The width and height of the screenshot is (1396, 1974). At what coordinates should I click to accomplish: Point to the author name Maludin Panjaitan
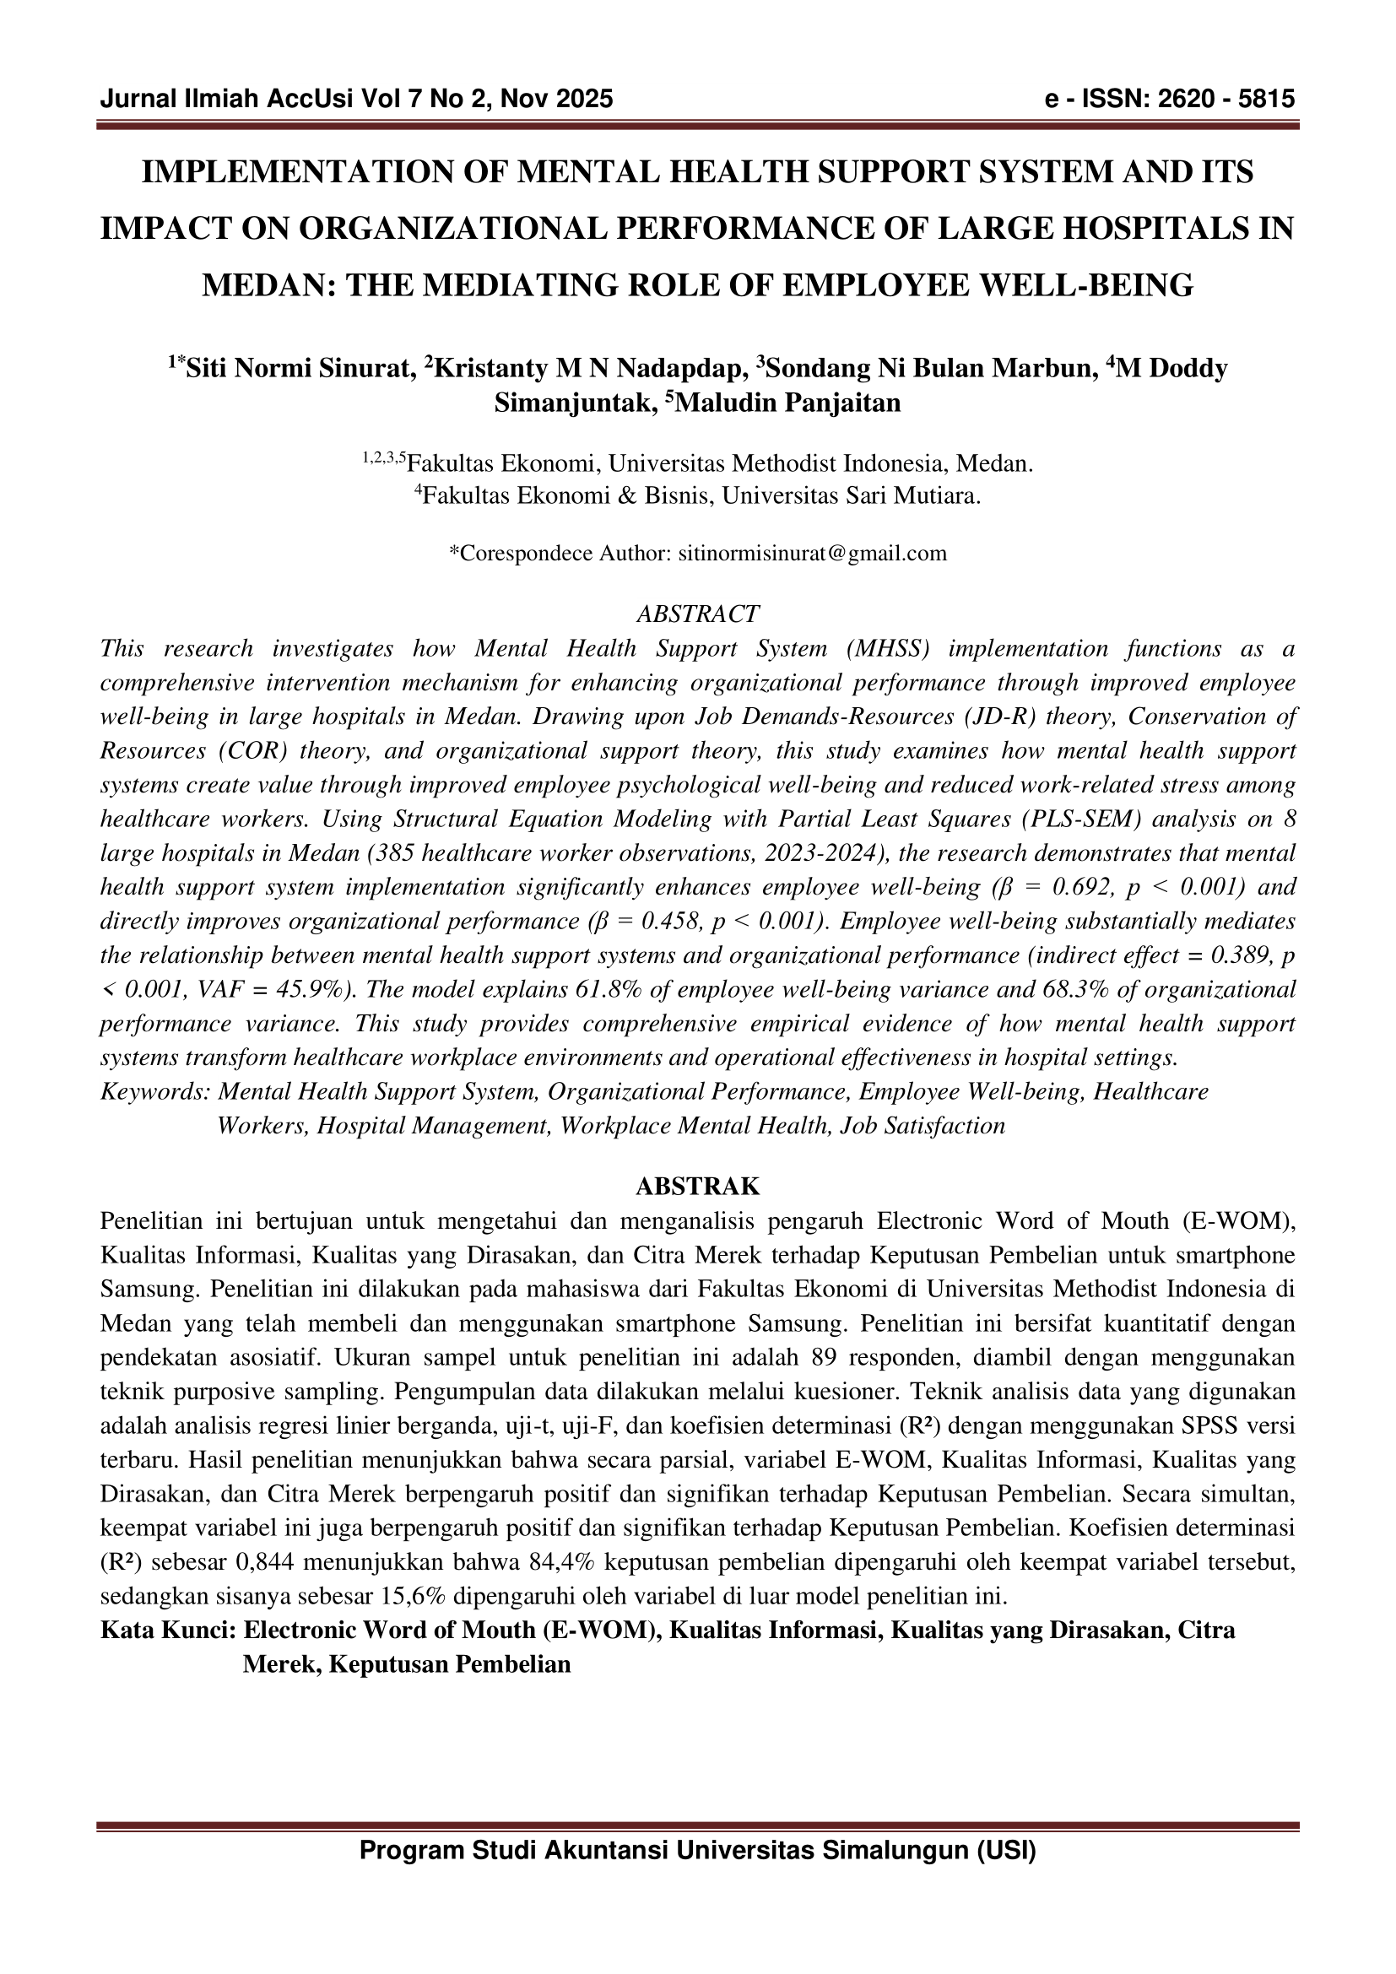(788, 403)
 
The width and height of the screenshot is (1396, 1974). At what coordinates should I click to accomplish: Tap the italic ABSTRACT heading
(697, 614)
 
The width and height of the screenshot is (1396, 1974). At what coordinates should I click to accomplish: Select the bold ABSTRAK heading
(697, 1187)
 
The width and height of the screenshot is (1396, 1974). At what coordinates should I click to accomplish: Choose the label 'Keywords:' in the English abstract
(155, 1092)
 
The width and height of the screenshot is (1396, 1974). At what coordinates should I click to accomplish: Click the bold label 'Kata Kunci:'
(168, 1631)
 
